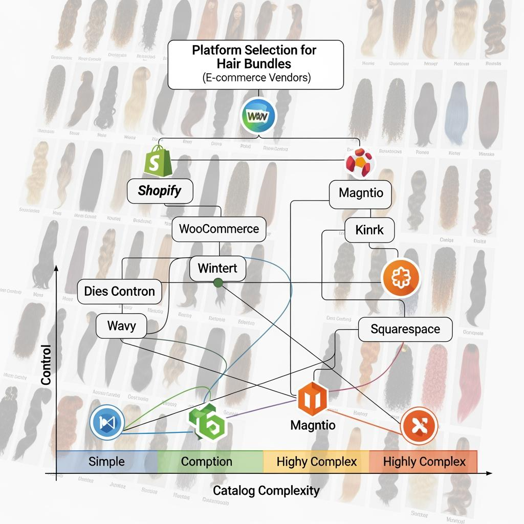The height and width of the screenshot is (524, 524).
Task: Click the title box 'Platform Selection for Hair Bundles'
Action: pyautogui.click(x=255, y=64)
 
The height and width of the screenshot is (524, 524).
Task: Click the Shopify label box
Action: pyautogui.click(x=160, y=191)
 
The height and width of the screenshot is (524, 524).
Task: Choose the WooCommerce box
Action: pyautogui.click(x=219, y=228)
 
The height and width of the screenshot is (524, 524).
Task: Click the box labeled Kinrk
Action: pyautogui.click(x=369, y=230)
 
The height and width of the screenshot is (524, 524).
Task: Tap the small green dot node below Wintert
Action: pyautogui.click(x=217, y=282)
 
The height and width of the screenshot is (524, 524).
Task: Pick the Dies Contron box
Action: pyautogui.click(x=119, y=292)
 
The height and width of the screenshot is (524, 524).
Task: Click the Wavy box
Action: pyautogui.click(x=122, y=325)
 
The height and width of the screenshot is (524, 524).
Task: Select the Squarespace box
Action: pyautogui.click(x=405, y=329)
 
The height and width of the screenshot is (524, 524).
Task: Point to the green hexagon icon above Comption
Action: pyautogui.click(x=207, y=423)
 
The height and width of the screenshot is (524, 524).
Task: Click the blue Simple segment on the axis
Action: pyautogui.click(x=106, y=462)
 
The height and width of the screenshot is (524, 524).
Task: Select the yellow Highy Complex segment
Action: pyautogui.click(x=316, y=462)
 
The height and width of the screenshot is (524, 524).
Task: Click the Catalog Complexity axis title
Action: pyautogui.click(x=266, y=491)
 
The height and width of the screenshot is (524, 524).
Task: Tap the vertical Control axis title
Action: pyautogui.click(x=47, y=365)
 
